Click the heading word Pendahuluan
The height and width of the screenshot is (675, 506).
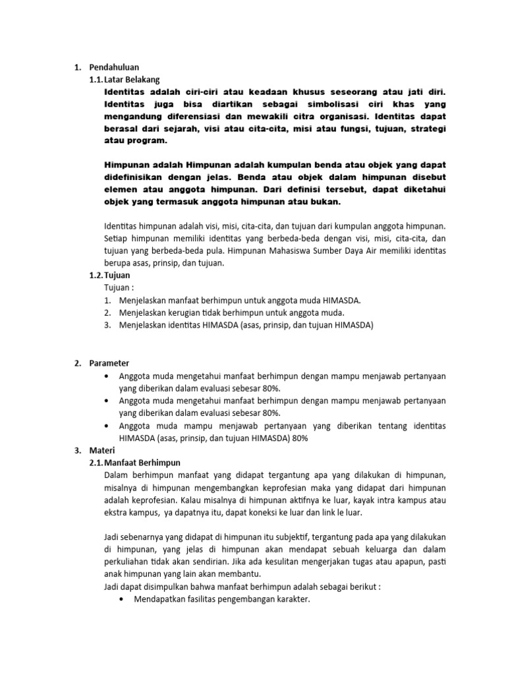pyautogui.click(x=113, y=67)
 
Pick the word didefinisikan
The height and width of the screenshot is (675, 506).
pyautogui.click(x=141, y=177)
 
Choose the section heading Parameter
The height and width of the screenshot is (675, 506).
pyautogui.click(x=110, y=363)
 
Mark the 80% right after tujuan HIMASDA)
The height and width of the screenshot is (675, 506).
pyautogui.click(x=299, y=438)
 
